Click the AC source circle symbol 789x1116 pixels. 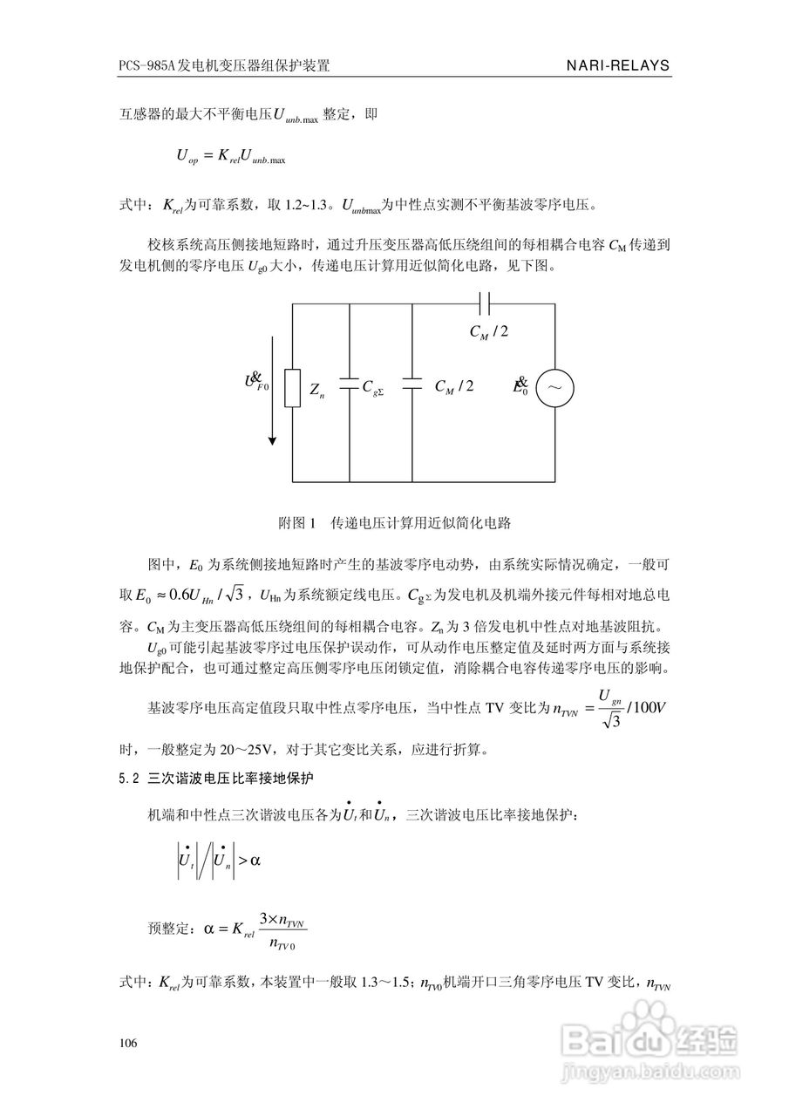click(554, 388)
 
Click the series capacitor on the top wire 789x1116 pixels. click(485, 303)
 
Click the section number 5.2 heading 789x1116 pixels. click(127, 779)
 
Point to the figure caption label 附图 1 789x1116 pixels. click(295, 523)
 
